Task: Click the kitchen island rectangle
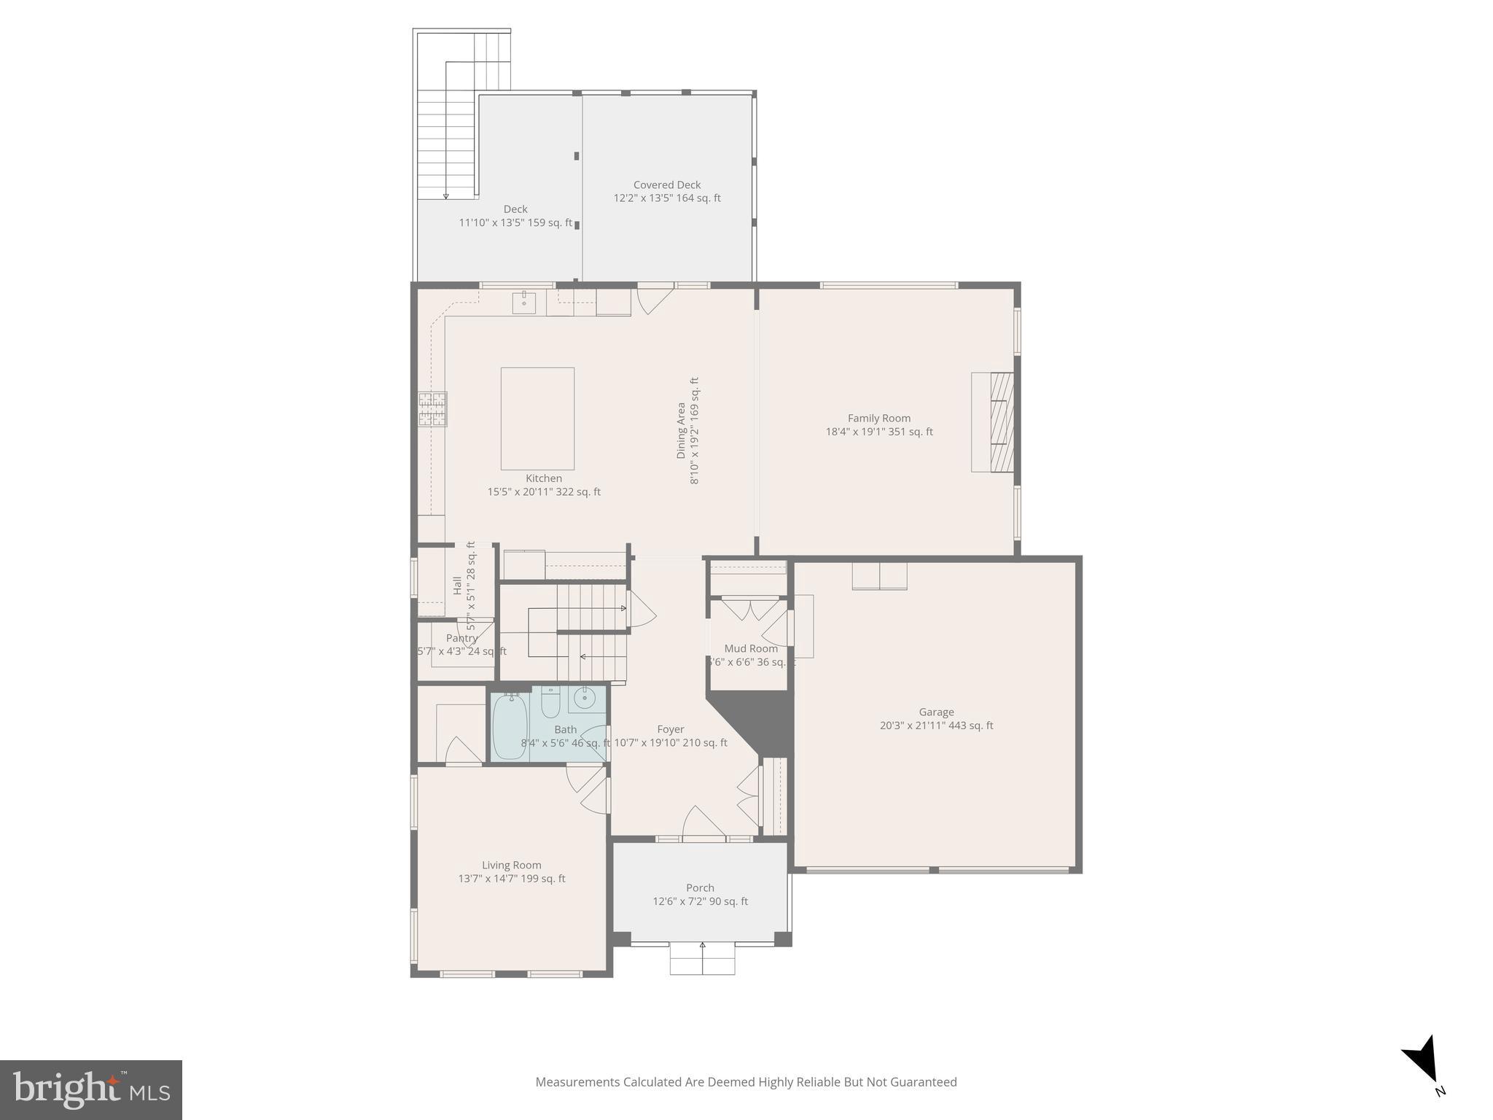537,419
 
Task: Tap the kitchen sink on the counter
523,301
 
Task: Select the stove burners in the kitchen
432,409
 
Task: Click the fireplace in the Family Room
993,422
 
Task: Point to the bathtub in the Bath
510,726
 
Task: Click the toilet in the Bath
550,702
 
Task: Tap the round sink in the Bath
585,699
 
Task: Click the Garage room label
936,712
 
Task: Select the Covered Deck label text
667,185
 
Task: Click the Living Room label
512,865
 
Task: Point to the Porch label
700,887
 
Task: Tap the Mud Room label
751,648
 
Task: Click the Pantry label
462,638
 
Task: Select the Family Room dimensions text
879,432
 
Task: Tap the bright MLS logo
91,1089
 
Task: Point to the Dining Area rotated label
682,430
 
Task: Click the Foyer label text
670,729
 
